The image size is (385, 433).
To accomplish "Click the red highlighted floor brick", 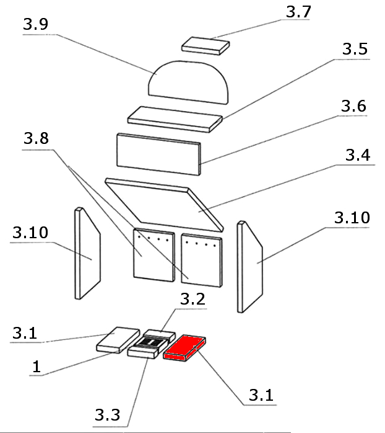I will pyautogui.click(x=184, y=348).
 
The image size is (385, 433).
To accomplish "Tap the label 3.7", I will pyautogui.click(x=300, y=12).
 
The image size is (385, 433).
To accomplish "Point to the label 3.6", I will pyautogui.click(x=353, y=106).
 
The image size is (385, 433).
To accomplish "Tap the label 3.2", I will pyautogui.click(x=192, y=299).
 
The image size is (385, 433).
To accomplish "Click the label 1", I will pyautogui.click(x=37, y=367).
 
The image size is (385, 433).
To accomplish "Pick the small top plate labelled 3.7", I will pyautogui.click(x=205, y=45).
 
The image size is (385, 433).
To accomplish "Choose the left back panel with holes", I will pyautogui.click(x=152, y=255).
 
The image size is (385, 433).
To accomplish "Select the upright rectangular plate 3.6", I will pyautogui.click(x=159, y=152).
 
